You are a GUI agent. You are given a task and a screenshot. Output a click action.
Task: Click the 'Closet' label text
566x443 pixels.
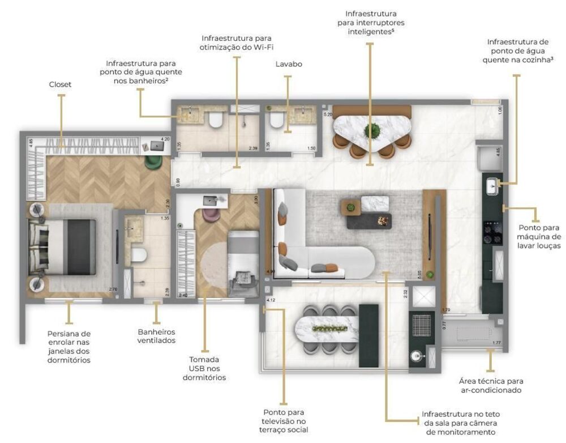tap(60, 84)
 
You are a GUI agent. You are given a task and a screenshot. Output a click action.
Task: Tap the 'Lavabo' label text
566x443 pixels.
tap(288, 64)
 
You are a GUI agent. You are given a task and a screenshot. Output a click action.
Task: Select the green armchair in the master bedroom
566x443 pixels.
tap(153, 162)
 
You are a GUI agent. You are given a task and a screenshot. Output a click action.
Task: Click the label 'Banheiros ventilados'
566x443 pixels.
tap(156, 336)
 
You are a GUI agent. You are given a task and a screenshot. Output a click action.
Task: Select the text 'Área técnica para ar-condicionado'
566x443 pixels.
tap(491, 386)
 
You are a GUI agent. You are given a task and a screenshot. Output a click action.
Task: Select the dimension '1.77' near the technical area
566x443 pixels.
tap(496, 342)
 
